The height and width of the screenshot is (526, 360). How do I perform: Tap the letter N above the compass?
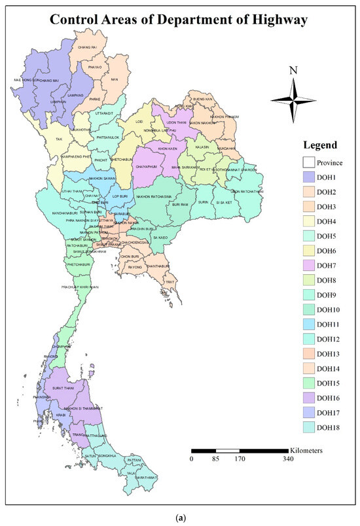click(x=295, y=71)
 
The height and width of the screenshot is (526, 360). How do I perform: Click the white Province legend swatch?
click(x=308, y=162)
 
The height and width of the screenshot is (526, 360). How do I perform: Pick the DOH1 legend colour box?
click(x=308, y=177)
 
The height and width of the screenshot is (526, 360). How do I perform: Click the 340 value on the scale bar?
click(x=289, y=459)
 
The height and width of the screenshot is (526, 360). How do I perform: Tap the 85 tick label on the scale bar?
click(x=215, y=459)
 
